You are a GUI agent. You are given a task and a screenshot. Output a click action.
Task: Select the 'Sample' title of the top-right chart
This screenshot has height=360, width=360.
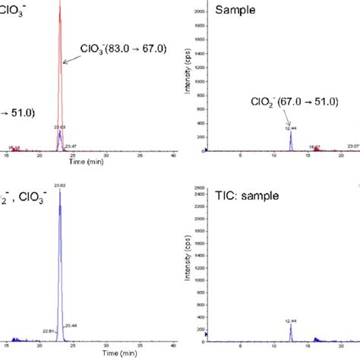point(235,10)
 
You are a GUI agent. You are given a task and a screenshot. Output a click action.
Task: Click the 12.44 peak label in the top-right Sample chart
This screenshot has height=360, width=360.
point(290,128)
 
